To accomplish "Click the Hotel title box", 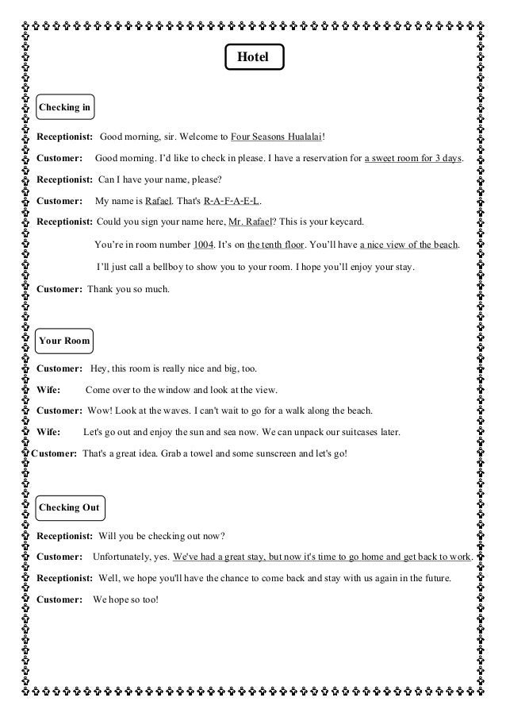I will pyautogui.click(x=253, y=58).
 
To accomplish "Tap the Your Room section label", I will pyautogui.click(x=65, y=341).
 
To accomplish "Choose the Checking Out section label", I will pyautogui.click(x=70, y=507).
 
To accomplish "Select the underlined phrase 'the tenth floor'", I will pyautogui.click(x=278, y=245).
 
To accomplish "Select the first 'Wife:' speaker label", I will pyautogui.click(x=48, y=390).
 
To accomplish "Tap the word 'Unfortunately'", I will pyautogui.click(x=123, y=557).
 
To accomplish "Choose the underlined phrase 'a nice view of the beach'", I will pyautogui.click(x=404, y=245).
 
